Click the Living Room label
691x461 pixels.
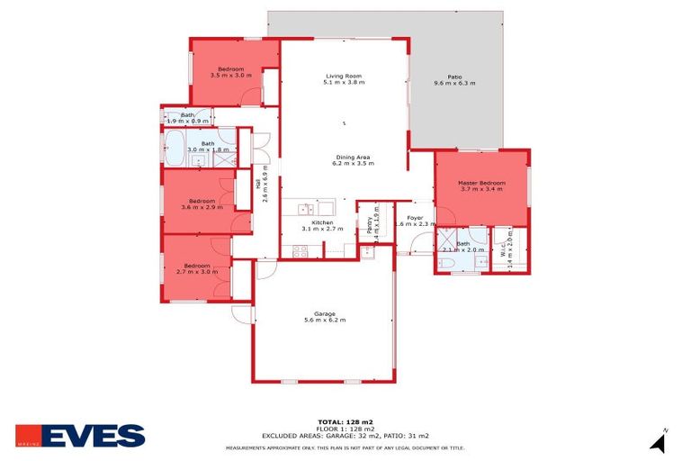(342, 77)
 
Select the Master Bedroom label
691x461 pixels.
(482, 184)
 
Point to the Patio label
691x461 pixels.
(454, 77)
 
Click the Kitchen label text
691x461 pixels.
(322, 222)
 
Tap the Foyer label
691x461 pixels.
(415, 218)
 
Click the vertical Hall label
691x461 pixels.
(258, 184)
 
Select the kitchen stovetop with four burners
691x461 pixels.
(299, 251)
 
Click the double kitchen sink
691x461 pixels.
(306, 209)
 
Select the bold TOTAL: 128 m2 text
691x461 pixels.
(345, 421)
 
